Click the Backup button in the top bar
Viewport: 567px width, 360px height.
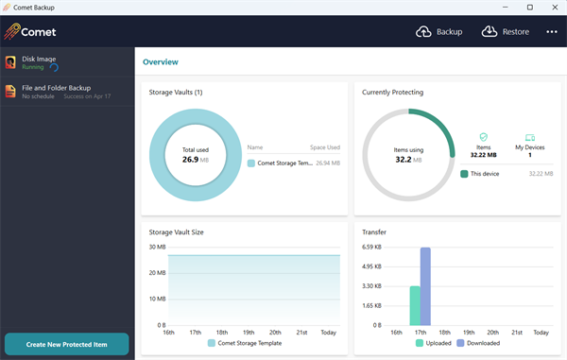pyautogui.click(x=439, y=31)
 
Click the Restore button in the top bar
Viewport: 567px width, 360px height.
pyautogui.click(x=506, y=31)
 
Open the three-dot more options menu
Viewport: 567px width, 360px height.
pyautogui.click(x=552, y=31)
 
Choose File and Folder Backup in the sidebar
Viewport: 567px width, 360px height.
pyautogui.click(x=57, y=92)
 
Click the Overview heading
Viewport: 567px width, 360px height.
pyautogui.click(x=160, y=62)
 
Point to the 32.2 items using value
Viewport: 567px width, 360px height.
pyautogui.click(x=409, y=159)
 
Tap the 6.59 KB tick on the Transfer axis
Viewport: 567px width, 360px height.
pyautogui.click(x=371, y=248)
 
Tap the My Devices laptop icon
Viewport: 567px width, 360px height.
pyautogui.click(x=529, y=138)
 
